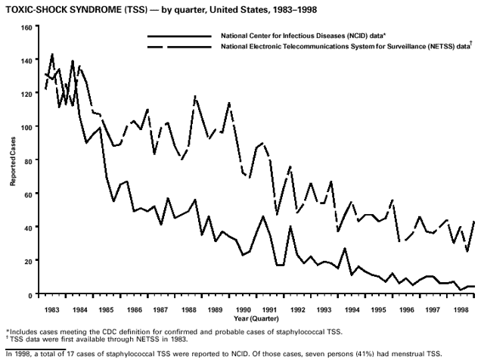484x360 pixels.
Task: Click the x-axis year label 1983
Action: (x=53, y=310)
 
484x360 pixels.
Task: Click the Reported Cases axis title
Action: (x=14, y=161)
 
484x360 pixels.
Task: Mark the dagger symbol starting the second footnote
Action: (x=8, y=339)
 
